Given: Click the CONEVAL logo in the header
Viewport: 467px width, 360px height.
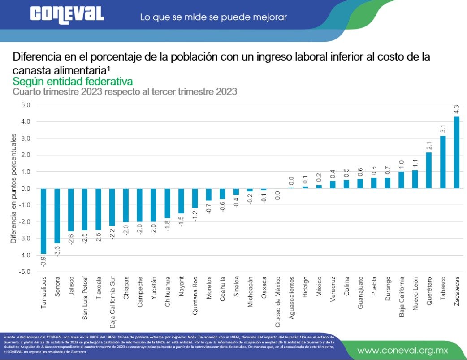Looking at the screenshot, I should [67, 14].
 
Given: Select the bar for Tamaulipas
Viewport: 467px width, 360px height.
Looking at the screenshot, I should [43, 221].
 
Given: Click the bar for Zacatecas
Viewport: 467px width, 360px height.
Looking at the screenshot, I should [457, 152].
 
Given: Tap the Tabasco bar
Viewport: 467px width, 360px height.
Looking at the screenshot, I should [443, 162].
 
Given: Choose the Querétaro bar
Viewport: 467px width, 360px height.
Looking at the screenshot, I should [429, 170].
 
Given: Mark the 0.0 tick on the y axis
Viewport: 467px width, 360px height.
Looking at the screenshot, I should [25, 188].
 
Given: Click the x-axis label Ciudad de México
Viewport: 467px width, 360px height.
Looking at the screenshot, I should [278, 301].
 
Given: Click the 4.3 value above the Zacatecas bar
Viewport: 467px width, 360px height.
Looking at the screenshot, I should [457, 109].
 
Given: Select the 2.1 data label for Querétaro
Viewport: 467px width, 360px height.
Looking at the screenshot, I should [429, 145].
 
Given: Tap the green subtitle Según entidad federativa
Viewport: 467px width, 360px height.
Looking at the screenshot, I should [73, 82].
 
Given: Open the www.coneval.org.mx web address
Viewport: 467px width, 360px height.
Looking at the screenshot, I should [405, 350].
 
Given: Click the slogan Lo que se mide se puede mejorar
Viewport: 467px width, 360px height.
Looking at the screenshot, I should [213, 17].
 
